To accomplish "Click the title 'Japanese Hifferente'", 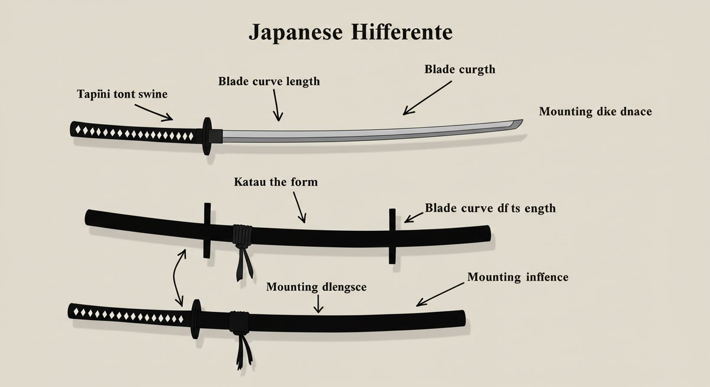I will click(350, 33).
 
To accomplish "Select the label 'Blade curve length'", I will click(269, 81).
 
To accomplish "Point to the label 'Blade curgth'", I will click(460, 69).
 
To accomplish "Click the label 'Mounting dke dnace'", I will click(595, 111).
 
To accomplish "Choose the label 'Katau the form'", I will click(276, 182).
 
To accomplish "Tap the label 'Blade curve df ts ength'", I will click(490, 208).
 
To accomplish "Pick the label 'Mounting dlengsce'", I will click(316, 287).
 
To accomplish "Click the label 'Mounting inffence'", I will click(517, 276).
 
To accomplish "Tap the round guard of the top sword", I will click(206, 136).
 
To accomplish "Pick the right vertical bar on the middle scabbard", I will click(392, 236).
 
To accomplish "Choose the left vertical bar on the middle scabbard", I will click(206, 231).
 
